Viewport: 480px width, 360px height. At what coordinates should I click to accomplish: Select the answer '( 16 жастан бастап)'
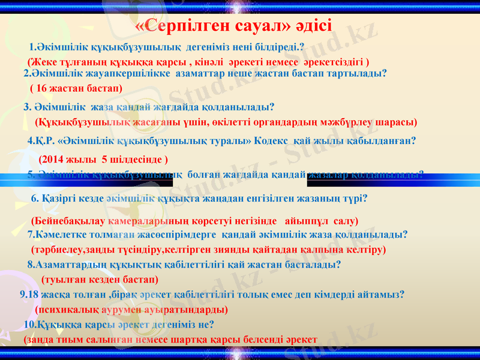76,88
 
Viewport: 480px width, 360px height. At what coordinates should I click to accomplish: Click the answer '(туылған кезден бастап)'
100,280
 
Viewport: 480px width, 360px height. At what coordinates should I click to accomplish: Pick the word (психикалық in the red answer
67,310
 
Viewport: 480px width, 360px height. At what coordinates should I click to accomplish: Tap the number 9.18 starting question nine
29,295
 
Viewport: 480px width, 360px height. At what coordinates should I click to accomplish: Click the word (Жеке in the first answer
40,62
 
